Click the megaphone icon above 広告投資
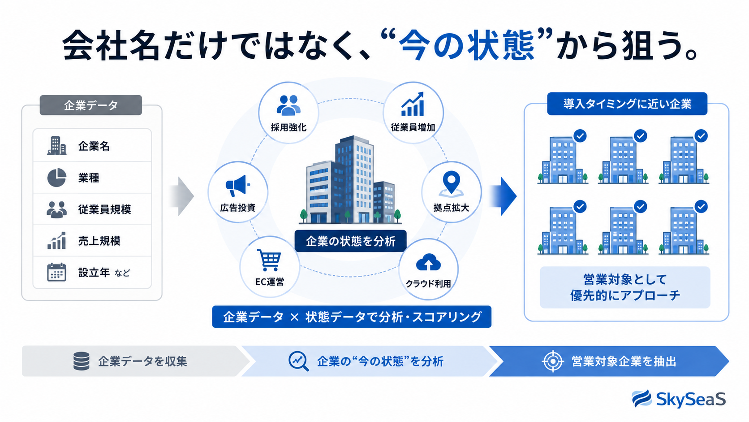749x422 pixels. point(237,185)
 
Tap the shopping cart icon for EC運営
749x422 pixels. point(269,260)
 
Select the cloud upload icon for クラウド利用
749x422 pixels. point(428,262)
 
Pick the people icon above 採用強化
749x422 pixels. point(288,105)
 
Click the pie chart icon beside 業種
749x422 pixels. point(56,178)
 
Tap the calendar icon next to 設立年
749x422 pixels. point(56,272)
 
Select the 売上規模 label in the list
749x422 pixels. point(99,241)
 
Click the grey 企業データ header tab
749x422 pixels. point(90,105)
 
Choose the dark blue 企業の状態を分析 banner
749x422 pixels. point(350,241)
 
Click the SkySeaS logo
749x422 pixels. point(679,399)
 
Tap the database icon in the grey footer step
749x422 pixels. point(81,361)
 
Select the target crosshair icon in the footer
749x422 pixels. point(553,361)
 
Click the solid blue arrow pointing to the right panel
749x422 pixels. point(503,196)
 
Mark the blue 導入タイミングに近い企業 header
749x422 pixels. point(627,104)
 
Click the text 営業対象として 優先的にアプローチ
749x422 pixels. point(625,287)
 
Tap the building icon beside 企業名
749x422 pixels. point(56,146)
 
